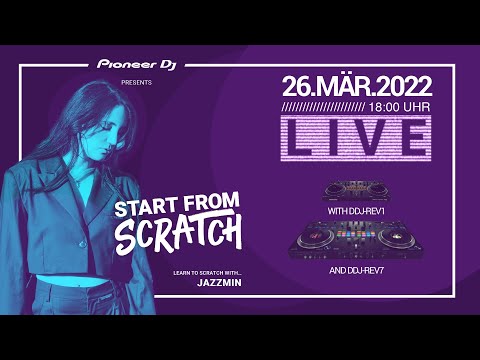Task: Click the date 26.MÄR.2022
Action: tap(356, 84)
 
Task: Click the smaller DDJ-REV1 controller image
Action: tap(357, 189)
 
